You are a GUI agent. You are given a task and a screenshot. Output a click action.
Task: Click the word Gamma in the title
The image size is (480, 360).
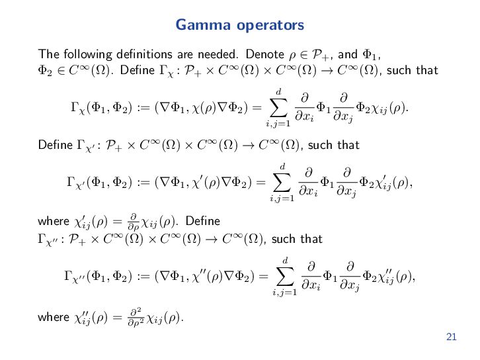[x=197, y=26]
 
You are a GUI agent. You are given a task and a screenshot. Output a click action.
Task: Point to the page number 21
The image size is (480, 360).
[x=452, y=337]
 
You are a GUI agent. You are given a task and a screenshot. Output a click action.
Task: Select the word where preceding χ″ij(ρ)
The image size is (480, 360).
[x=52, y=318]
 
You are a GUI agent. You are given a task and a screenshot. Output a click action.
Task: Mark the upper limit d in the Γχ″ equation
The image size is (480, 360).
[x=285, y=259]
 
